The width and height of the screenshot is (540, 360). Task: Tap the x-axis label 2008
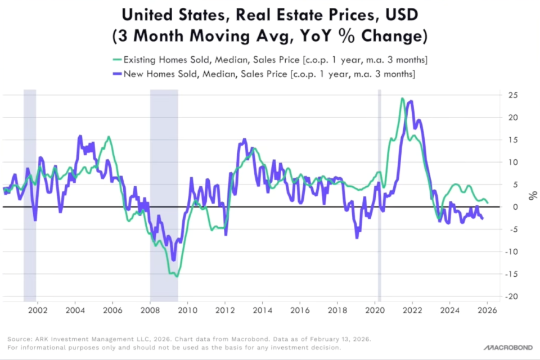(150, 310)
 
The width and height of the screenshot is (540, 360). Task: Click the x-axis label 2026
(487, 310)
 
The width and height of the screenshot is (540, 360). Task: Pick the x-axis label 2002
(37, 310)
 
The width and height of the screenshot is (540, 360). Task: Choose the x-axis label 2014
(262, 310)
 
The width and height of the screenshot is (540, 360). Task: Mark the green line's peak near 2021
(402, 98)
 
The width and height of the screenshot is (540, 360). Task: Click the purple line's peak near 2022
(411, 101)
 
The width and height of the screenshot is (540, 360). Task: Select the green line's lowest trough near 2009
(177, 276)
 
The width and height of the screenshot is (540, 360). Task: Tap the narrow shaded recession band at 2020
(379, 197)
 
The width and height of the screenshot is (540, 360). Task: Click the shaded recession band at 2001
(30, 197)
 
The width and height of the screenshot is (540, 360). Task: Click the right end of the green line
(488, 202)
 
